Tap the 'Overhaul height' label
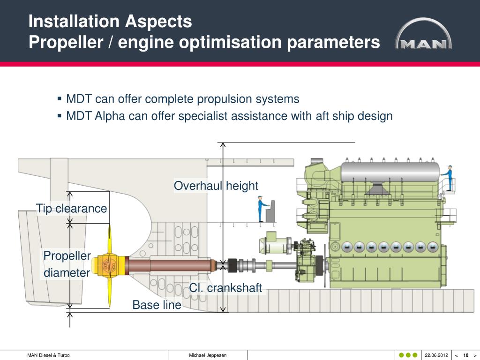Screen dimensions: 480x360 [216, 186]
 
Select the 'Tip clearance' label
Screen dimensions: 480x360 [71, 209]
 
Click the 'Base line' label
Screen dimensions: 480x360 [157, 305]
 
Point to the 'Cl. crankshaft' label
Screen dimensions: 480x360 [225, 288]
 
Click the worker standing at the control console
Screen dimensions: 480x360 [261, 210]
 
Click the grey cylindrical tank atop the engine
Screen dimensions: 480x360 [389, 172]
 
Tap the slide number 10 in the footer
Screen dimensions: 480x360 [466, 355]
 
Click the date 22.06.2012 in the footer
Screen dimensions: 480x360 [436, 355]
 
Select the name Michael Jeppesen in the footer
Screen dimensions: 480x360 [208, 355]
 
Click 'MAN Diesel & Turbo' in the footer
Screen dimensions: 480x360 [48, 355]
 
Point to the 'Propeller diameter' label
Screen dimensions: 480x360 [67, 264]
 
